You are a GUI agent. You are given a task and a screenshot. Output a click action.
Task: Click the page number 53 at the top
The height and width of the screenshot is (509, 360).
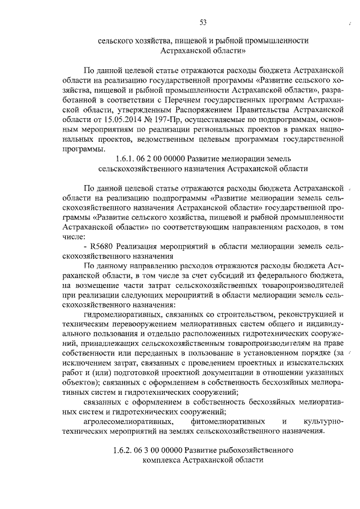202,22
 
